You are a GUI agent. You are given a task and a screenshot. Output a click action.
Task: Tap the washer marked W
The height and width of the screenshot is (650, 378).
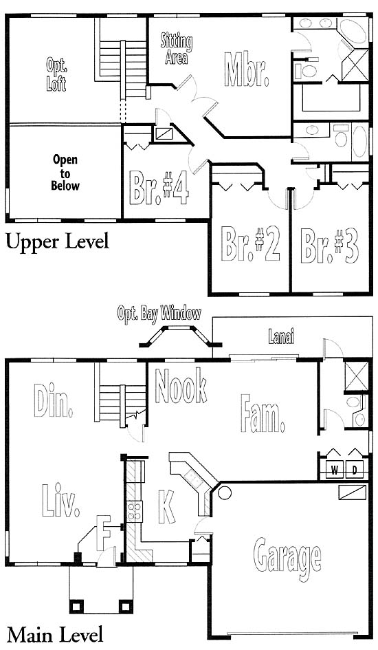click(334, 470)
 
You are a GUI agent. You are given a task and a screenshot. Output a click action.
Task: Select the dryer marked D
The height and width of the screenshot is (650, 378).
click(355, 470)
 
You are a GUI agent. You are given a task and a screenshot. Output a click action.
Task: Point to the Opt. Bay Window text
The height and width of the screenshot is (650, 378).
click(159, 313)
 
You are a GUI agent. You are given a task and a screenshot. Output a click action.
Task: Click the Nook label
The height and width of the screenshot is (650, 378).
click(181, 386)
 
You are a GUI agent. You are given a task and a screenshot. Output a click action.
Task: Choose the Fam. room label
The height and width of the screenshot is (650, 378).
click(263, 413)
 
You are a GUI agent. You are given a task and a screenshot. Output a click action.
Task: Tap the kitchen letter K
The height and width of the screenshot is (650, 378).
click(166, 506)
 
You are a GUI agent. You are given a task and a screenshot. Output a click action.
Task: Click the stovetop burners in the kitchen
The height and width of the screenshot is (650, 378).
click(135, 511)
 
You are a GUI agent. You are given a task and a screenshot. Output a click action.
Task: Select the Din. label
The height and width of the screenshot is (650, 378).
click(53, 400)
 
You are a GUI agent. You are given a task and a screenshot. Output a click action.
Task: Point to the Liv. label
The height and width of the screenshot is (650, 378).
click(60, 501)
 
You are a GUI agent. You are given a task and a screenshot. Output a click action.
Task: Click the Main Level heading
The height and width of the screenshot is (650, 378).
click(55, 635)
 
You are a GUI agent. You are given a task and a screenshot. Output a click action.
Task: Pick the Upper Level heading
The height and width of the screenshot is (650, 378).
click(58, 241)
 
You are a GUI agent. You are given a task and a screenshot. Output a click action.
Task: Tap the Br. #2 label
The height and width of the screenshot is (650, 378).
click(250, 244)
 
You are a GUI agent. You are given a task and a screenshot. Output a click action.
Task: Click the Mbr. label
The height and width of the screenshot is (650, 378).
click(246, 69)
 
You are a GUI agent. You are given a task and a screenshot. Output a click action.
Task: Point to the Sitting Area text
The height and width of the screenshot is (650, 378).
click(177, 50)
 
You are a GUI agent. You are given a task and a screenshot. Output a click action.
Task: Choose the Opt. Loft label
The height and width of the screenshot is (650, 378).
click(57, 74)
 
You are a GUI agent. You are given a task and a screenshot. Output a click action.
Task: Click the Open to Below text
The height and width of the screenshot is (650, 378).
click(65, 173)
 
